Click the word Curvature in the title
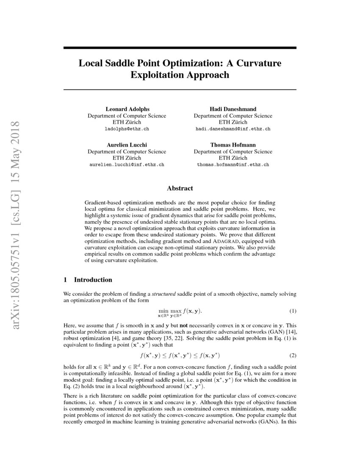257,63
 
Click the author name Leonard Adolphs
127,109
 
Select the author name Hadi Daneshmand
233,109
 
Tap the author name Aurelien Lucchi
127,145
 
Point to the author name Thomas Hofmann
233,145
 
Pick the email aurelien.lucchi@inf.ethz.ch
127,164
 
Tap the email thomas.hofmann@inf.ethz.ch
233,164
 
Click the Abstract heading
180,188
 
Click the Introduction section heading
93,280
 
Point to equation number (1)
293,311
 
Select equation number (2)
293,355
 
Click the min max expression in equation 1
167,312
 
